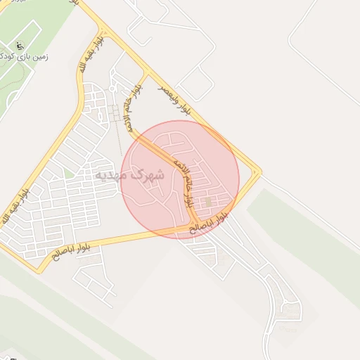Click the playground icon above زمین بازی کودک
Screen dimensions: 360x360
(20, 46)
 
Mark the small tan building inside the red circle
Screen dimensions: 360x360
(208, 202)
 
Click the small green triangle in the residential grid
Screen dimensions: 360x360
(68, 172)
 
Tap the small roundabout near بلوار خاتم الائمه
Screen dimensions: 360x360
(112, 89)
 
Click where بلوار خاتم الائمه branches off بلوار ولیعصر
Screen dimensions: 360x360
(146, 72)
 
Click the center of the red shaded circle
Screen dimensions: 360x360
(180, 179)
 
